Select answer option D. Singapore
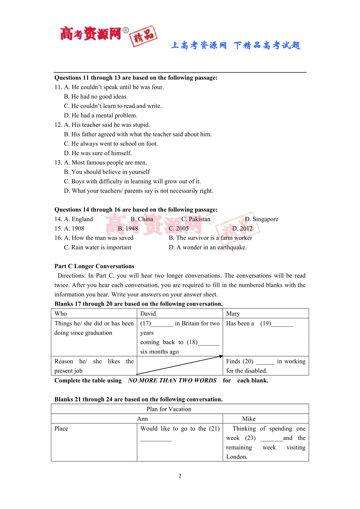tap(261, 219)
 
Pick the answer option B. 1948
tap(128, 228)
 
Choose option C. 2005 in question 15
tap(178, 228)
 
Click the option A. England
tap(78, 219)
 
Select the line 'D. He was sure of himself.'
tap(98, 153)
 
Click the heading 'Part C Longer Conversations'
tap(94, 266)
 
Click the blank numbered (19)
tap(282, 324)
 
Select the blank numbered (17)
tap(162, 324)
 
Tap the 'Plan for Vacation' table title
tap(169, 409)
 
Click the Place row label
tap(61, 428)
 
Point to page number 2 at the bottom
tap(180, 476)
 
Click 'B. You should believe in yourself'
tap(107, 172)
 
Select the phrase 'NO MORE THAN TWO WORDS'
tap(172, 380)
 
